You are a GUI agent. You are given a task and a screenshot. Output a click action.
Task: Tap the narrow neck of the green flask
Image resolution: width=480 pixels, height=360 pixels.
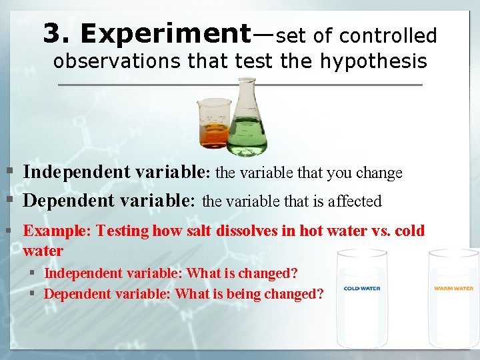point(247,93)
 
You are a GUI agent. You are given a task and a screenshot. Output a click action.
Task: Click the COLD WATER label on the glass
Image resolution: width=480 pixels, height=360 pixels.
point(361,289)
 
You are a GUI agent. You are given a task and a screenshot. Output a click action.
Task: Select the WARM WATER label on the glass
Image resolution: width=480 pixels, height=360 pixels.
point(454,289)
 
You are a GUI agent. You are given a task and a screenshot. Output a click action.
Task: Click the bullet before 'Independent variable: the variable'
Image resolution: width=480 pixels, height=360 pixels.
point(9,173)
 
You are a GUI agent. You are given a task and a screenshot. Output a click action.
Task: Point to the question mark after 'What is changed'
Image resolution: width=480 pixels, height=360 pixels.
point(294,273)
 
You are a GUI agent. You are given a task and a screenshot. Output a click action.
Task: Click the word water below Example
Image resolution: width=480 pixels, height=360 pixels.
point(43,251)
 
